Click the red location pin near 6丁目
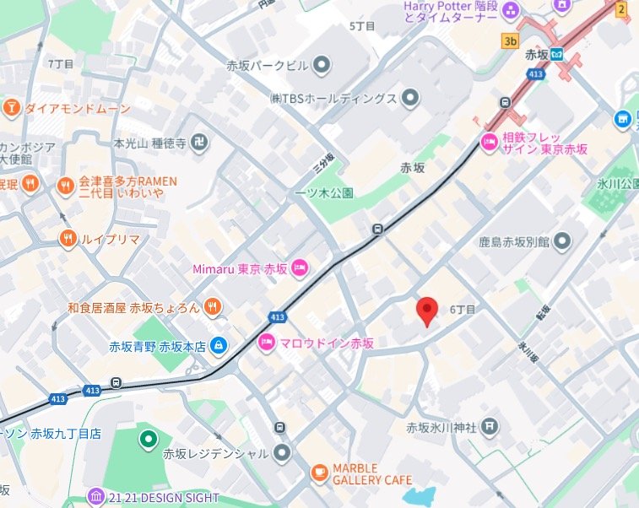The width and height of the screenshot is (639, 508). point(428,311)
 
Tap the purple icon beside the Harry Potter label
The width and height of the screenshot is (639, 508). point(511,11)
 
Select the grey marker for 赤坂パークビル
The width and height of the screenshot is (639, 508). point(322,64)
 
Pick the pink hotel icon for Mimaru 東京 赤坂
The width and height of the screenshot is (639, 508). point(300,269)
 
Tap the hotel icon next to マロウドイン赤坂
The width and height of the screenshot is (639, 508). point(265,343)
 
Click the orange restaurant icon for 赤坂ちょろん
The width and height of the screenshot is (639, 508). point(213,308)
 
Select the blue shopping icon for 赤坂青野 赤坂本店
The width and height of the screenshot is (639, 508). point(219,345)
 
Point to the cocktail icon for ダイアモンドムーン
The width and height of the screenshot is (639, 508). point(12,108)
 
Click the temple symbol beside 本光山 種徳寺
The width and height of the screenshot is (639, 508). point(201,143)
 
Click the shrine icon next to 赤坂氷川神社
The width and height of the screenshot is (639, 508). point(490,427)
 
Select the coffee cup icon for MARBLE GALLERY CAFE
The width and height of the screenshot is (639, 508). point(319,473)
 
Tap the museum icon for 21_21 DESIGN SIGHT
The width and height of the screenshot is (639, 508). point(95,497)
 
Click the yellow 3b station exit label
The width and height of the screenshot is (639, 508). point(509,40)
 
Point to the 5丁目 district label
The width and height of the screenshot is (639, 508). point(361,26)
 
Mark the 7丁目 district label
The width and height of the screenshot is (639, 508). point(61,63)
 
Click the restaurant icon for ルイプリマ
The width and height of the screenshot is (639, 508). point(67,239)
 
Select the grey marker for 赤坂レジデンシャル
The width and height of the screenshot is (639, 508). point(282,453)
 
